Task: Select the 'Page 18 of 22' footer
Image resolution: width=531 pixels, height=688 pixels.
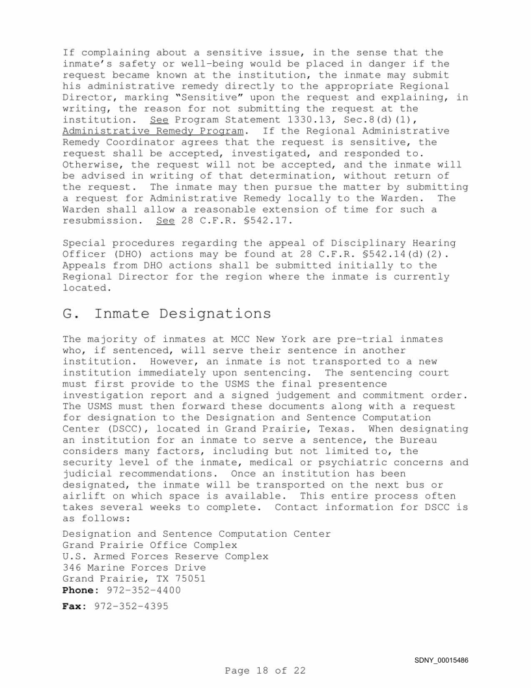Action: coord(265,670)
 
